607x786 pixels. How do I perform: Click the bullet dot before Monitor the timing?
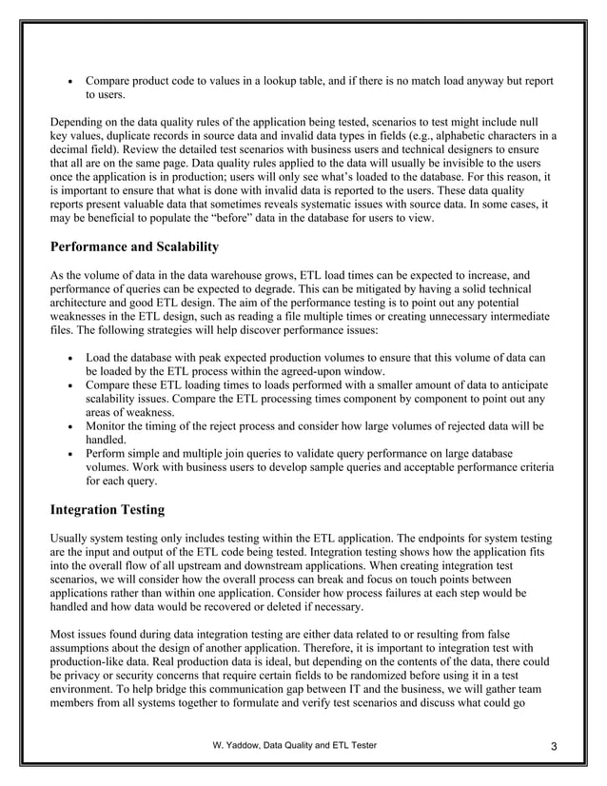click(x=73, y=428)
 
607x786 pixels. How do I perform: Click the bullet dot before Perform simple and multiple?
click(x=73, y=456)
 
